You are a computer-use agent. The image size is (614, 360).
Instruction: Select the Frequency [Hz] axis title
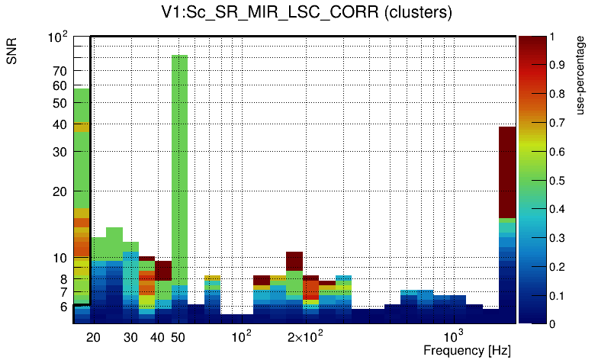467,350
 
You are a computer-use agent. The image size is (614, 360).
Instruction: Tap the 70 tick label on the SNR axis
60,71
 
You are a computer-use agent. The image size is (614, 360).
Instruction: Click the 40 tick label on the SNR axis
60,124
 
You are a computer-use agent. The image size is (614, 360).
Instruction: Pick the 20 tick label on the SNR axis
60,191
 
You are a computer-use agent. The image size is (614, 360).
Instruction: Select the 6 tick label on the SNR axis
63,307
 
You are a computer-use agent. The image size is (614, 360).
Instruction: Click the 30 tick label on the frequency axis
131,337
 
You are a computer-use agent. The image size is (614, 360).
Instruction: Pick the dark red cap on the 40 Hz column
163,270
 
